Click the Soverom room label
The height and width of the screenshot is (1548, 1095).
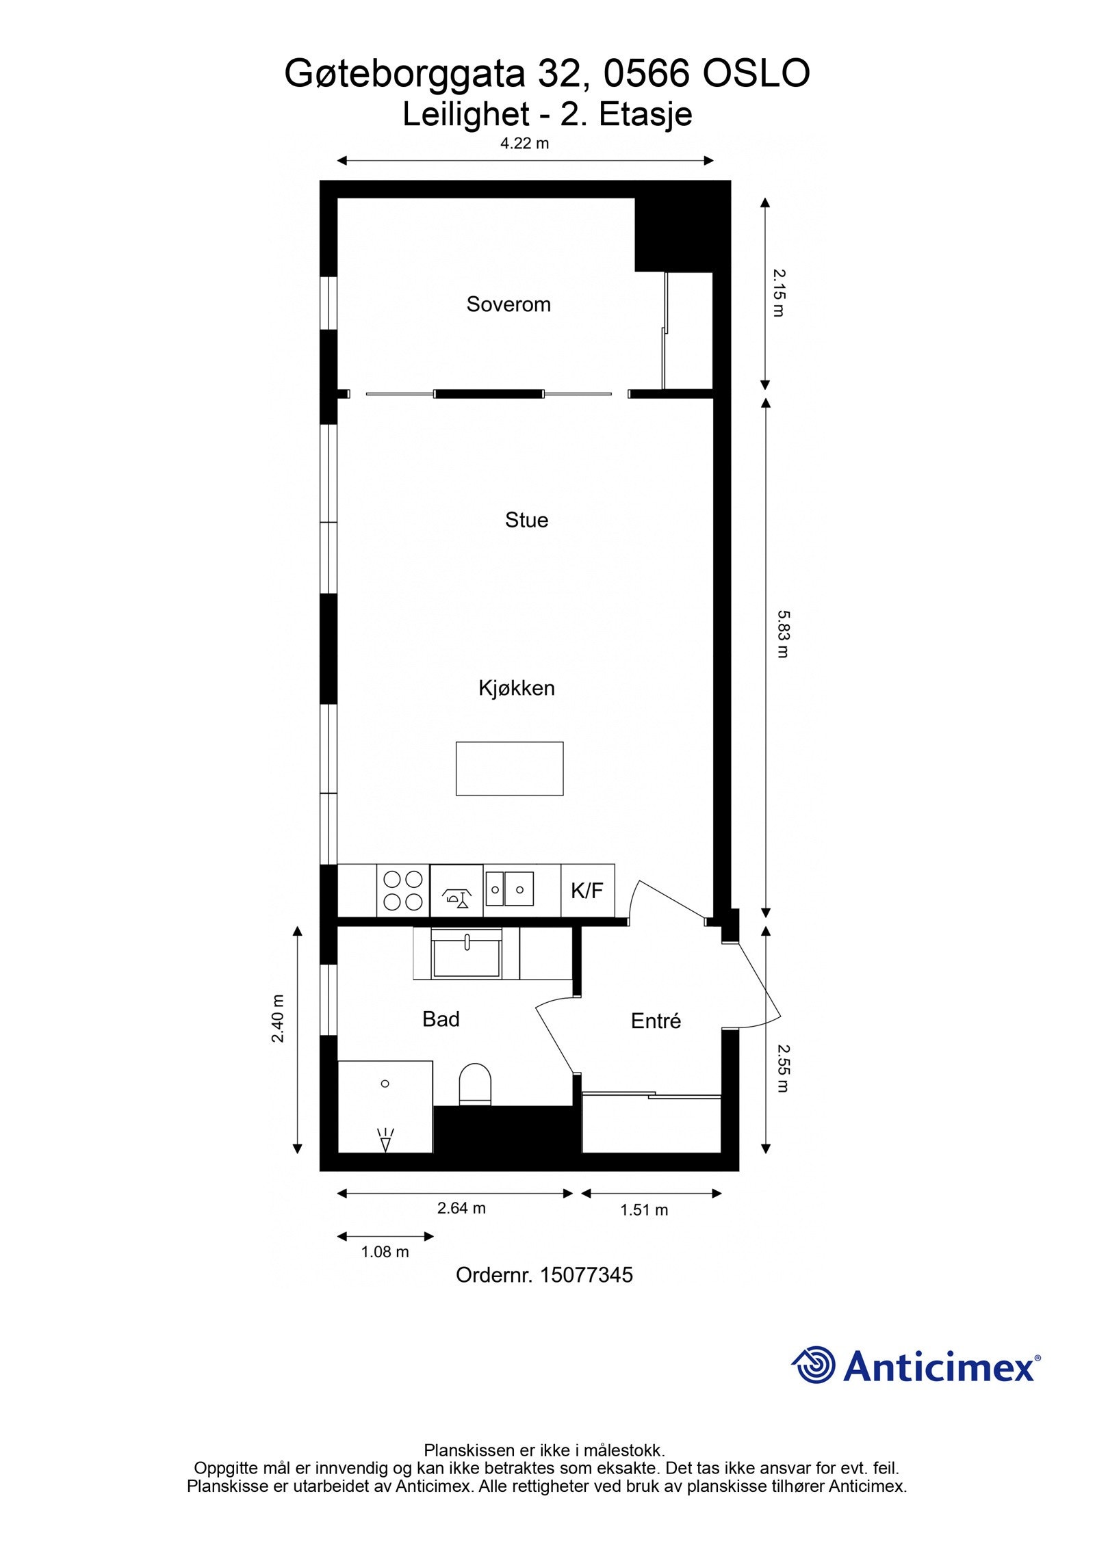(x=508, y=304)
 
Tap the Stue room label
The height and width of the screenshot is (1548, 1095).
(x=526, y=520)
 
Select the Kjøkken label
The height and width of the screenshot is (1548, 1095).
(x=516, y=688)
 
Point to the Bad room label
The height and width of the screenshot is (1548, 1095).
(x=441, y=1019)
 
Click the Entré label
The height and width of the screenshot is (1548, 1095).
(x=656, y=1021)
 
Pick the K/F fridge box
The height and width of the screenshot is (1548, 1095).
(x=587, y=891)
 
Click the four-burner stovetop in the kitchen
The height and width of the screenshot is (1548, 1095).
(x=403, y=891)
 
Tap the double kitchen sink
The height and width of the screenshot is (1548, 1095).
(x=508, y=889)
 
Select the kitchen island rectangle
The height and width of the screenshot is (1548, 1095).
(x=509, y=768)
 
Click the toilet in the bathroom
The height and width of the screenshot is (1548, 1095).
(x=475, y=1084)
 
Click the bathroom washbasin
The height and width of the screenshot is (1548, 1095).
(x=467, y=954)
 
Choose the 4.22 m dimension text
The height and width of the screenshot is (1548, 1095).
(x=525, y=144)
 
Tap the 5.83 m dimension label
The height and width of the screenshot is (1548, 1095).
(x=782, y=633)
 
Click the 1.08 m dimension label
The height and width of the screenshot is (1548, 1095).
(x=385, y=1252)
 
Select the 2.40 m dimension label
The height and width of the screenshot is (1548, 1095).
(x=278, y=1019)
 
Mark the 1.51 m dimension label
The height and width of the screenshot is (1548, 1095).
(x=644, y=1210)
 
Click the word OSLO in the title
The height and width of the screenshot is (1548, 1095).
(x=756, y=74)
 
